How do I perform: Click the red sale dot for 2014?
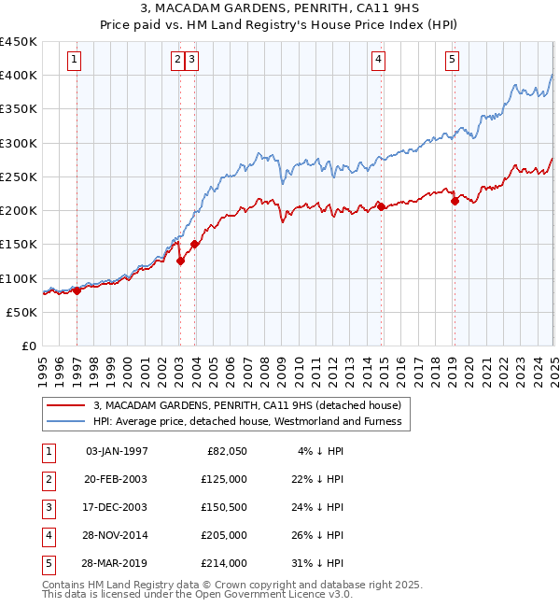click(381, 205)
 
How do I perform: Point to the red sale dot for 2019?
click(455, 200)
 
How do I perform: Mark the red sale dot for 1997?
click(77, 290)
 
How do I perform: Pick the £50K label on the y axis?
click(22, 312)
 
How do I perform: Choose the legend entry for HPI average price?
click(246, 421)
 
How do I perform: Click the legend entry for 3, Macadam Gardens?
click(246, 405)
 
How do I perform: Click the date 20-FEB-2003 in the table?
click(116, 478)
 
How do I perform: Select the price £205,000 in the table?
click(225, 535)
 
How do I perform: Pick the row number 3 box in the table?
click(48, 507)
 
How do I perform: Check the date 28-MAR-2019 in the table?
click(116, 563)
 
